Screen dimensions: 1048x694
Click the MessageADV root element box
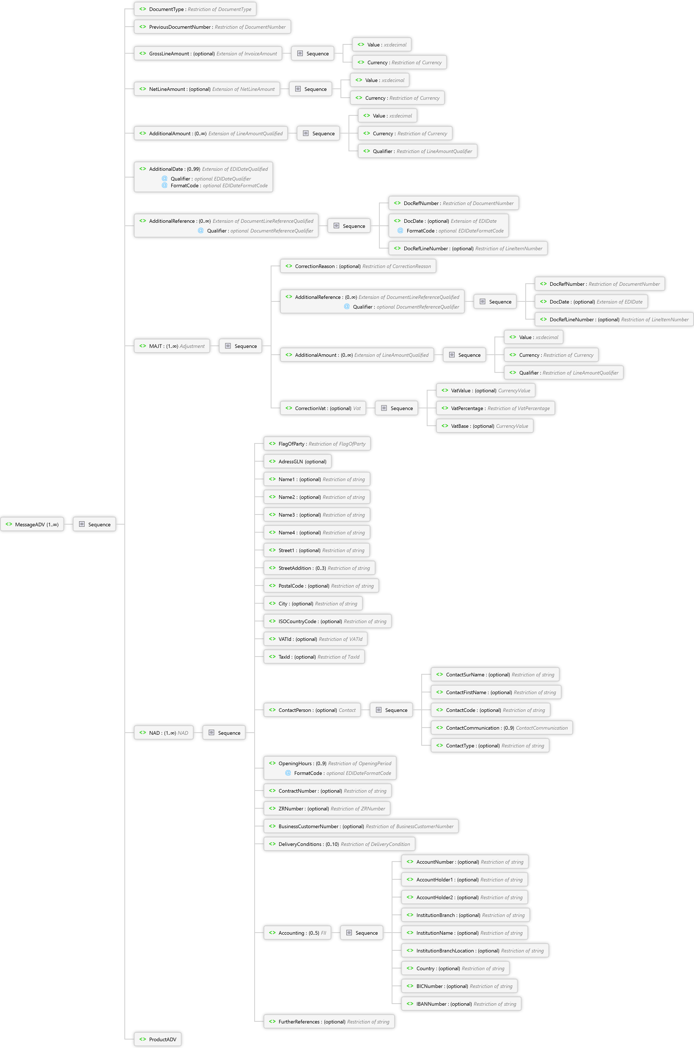pos(32,524)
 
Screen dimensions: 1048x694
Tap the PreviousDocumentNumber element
pos(212,27)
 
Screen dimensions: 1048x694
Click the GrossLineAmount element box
pos(208,54)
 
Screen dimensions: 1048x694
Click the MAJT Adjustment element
pos(172,346)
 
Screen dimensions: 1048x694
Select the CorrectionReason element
pos(358,266)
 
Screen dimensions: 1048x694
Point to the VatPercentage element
pos(496,408)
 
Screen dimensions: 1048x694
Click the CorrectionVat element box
pos(323,408)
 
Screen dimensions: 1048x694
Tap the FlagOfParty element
pos(317,444)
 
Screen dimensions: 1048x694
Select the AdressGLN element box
pos(298,461)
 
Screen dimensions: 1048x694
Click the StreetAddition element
pos(320,568)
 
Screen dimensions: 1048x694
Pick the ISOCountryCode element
pos(327,621)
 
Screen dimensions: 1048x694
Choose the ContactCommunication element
pos(502,728)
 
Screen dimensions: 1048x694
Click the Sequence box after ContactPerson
pos(392,710)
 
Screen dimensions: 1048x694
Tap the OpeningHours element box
pos(330,768)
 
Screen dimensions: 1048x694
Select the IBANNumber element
pos(462,1004)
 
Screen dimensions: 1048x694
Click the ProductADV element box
pos(158,1039)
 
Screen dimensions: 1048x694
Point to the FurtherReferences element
pos(329,1021)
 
